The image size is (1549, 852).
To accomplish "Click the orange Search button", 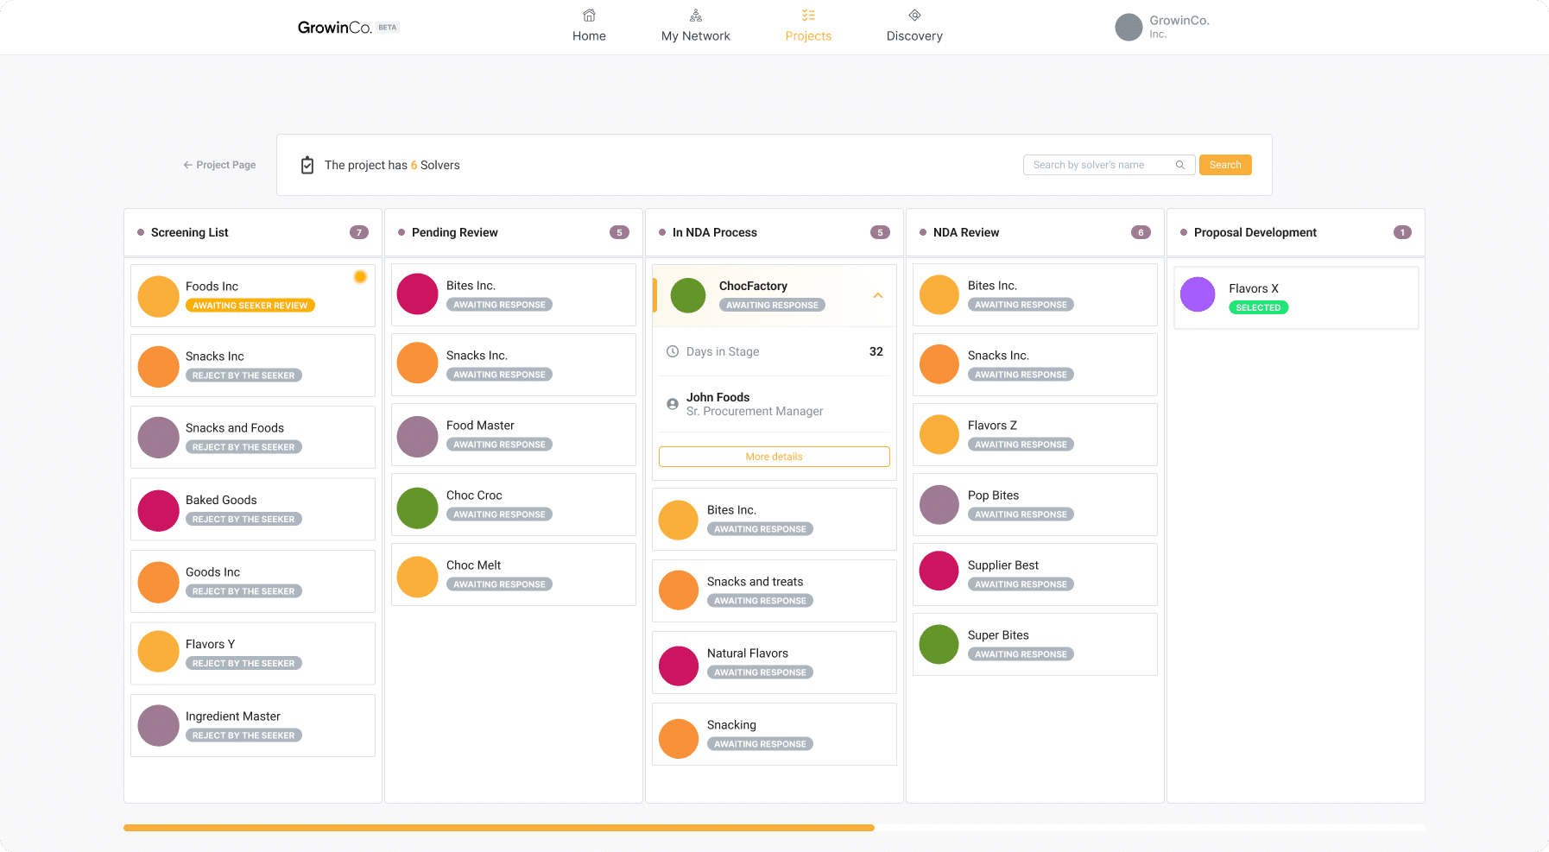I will click(1224, 165).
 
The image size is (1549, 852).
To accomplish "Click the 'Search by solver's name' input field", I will click(1101, 165).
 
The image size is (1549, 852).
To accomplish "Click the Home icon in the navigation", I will click(589, 16).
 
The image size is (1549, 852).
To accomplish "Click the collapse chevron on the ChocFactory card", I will click(877, 295).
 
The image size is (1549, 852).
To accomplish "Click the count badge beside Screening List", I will click(359, 232).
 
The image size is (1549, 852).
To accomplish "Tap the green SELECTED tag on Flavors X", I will click(1258, 307).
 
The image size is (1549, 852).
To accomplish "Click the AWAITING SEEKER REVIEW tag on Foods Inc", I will click(250, 306).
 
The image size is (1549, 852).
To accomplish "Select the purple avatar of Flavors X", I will click(1198, 294).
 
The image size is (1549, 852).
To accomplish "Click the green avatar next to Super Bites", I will click(939, 644).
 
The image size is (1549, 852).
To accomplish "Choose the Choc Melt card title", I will click(473, 565).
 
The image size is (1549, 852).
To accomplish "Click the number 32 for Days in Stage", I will click(876, 351).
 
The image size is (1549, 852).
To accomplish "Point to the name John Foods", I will click(718, 397).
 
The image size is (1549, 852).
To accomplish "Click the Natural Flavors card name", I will click(747, 653).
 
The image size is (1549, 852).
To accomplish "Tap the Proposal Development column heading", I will click(1255, 232).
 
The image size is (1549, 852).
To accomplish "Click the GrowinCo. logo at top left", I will click(335, 28).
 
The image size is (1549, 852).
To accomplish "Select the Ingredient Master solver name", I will click(232, 716).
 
